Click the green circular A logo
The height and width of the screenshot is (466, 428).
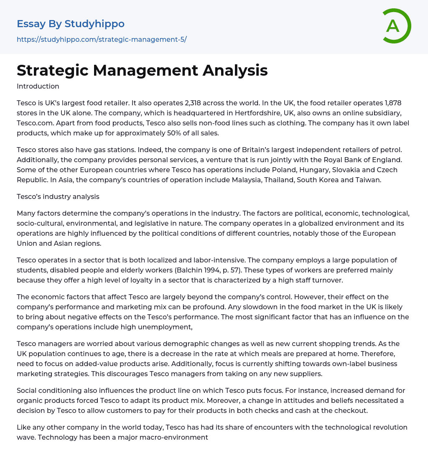[396, 26]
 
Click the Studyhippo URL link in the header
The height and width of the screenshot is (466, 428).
[102, 39]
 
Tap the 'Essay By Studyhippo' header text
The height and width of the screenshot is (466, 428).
[71, 24]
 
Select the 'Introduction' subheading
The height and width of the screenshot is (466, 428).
[38, 87]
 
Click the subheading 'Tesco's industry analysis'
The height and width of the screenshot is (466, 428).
[58, 196]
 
